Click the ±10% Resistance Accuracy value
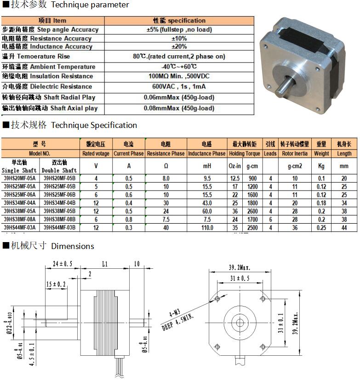tap(179, 39)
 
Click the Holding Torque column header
tap(245, 153)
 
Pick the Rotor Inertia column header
tap(295, 153)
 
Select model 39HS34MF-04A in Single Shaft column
tap(19, 203)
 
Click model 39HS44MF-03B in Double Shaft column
tap(59, 227)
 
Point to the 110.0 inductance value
tap(207, 227)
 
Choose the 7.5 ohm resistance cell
tap(166, 219)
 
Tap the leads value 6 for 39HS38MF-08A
tap(270, 219)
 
